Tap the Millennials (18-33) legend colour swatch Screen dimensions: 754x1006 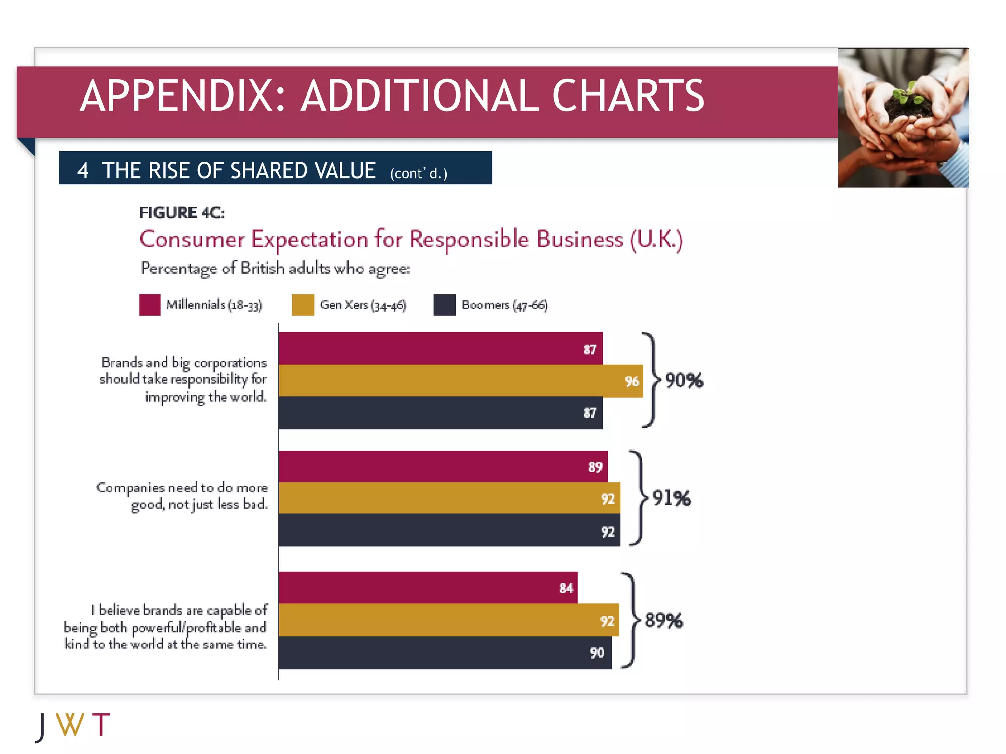(x=149, y=304)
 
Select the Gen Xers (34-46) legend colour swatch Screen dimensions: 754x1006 (x=303, y=304)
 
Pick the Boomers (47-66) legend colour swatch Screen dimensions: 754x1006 (x=445, y=304)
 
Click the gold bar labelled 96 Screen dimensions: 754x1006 (x=460, y=380)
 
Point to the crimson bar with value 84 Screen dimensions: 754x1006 (x=427, y=588)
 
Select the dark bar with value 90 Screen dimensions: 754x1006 (x=445, y=652)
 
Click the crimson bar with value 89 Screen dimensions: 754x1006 (x=442, y=466)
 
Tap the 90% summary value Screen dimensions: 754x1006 (x=684, y=380)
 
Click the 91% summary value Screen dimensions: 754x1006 (x=671, y=498)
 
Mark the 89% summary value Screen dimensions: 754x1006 (x=664, y=620)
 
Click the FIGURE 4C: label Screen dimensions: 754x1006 (x=182, y=213)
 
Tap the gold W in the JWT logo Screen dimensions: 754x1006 (x=70, y=725)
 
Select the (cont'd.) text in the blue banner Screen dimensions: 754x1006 (x=419, y=173)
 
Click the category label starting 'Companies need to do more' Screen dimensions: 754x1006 (x=182, y=495)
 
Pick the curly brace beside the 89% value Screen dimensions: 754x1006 (x=631, y=620)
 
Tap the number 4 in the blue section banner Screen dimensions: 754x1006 (x=83, y=171)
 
